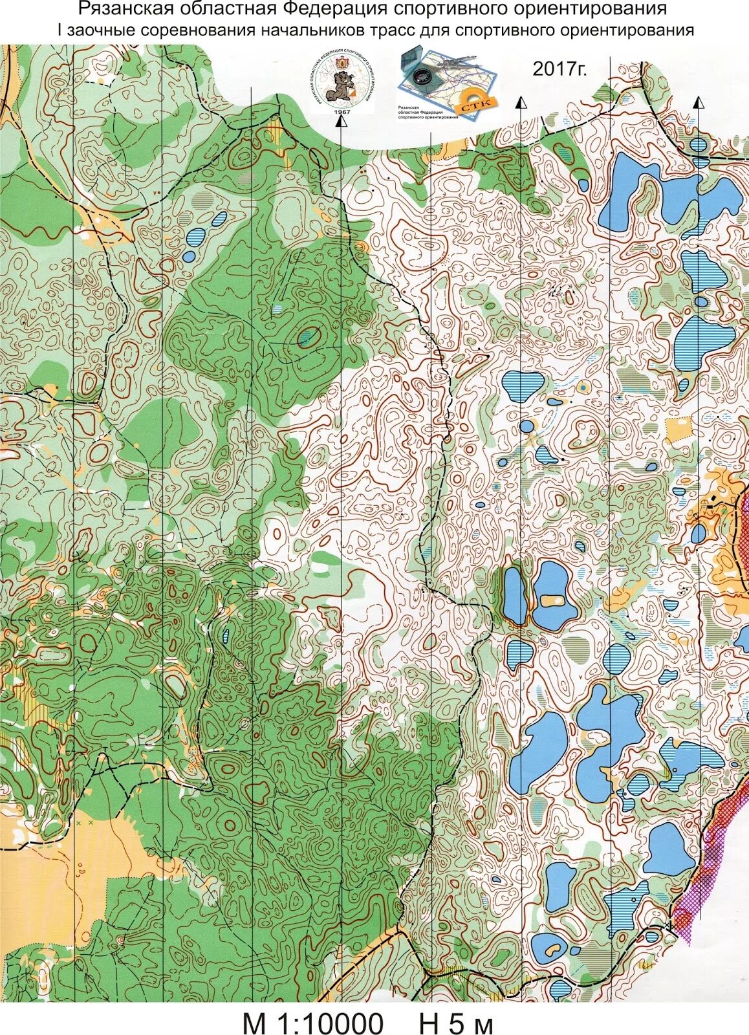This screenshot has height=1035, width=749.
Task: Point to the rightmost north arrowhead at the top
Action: pyautogui.click(x=698, y=102)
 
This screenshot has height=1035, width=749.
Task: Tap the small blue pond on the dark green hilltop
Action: pyautogui.click(x=309, y=336)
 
